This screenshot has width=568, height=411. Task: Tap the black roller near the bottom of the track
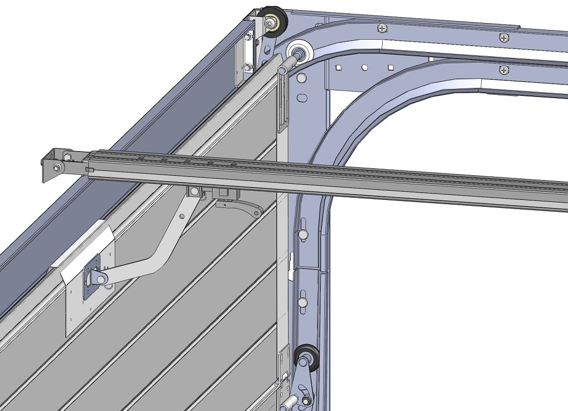point(307,357)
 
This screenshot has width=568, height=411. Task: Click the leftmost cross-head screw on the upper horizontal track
point(382,28)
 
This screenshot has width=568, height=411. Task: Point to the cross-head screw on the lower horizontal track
point(503,70)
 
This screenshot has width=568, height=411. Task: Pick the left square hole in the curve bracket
point(338,68)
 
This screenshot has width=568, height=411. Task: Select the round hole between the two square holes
point(364,68)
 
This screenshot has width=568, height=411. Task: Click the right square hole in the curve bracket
point(390,67)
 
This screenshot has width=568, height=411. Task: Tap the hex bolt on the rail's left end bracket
point(56,168)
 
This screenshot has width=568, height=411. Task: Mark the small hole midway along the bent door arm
point(181,216)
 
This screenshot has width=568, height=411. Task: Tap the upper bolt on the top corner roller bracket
point(248,38)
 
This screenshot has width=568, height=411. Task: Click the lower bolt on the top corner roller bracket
point(247,67)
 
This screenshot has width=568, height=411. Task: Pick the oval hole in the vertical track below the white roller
point(302,98)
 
